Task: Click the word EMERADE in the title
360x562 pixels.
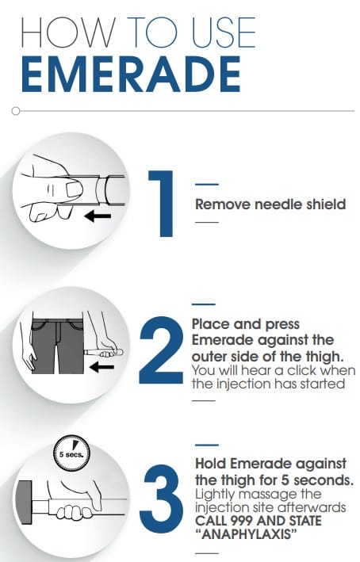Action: pyautogui.click(x=131, y=75)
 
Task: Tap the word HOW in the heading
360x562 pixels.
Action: pyautogui.click(x=68, y=32)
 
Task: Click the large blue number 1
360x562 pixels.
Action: pyautogui.click(x=163, y=204)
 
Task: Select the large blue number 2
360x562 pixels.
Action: pyautogui.click(x=161, y=350)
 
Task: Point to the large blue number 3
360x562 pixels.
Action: pyautogui.click(x=161, y=499)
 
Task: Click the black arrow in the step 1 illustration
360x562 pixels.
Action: pyautogui.click(x=98, y=216)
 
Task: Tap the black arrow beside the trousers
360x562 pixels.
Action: pyautogui.click(x=101, y=367)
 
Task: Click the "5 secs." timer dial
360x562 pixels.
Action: pyautogui.click(x=71, y=453)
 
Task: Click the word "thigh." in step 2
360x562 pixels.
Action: pyautogui.click(x=327, y=356)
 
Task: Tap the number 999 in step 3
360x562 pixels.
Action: pyautogui.click(x=242, y=521)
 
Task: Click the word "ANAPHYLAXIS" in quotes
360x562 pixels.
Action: pyautogui.click(x=247, y=535)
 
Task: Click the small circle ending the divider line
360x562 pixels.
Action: pyautogui.click(x=15, y=111)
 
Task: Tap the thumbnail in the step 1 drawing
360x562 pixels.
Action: pyautogui.click(x=75, y=189)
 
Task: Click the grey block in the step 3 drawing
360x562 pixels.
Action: pyautogui.click(x=24, y=502)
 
